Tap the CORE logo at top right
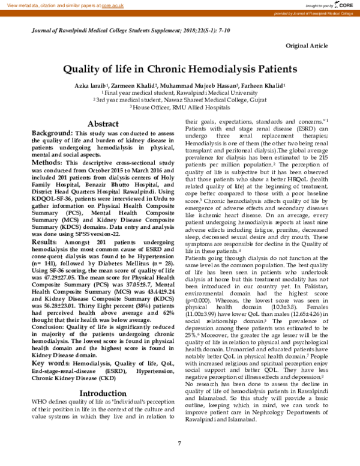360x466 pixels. coord(346,5)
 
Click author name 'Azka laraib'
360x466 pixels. coord(89,86)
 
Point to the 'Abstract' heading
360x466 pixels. coord(103,123)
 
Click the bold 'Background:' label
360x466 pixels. coord(52,133)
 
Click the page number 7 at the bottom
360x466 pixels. coord(179,444)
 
